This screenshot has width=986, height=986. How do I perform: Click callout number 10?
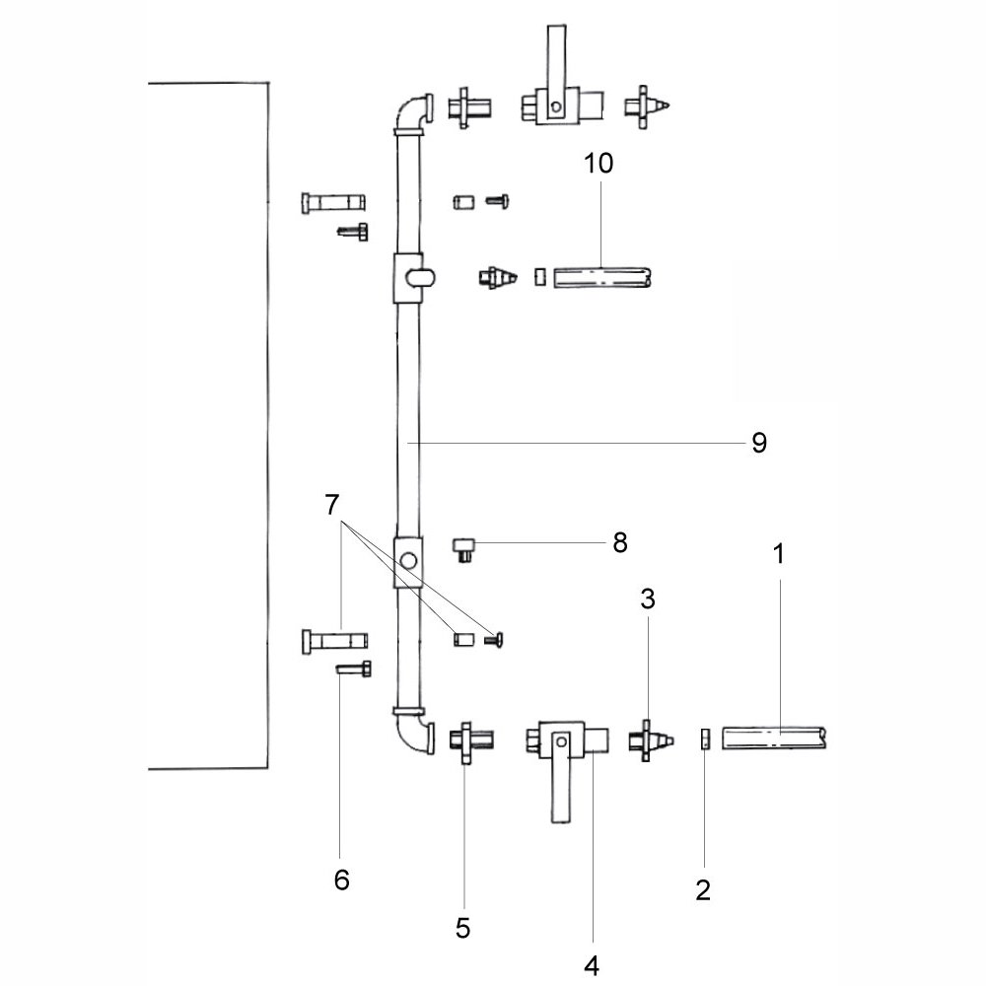(599, 164)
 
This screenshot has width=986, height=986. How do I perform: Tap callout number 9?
(759, 443)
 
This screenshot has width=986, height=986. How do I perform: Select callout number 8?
(620, 542)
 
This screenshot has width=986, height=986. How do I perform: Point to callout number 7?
(332, 504)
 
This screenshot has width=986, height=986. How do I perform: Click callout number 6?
(341, 880)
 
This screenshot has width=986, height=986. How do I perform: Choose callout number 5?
(462, 928)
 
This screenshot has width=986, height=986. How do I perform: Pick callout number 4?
(592, 965)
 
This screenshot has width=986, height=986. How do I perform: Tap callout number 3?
(648, 599)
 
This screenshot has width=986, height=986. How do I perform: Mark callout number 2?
(703, 889)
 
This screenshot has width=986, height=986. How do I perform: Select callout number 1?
(779, 554)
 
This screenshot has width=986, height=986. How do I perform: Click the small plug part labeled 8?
(464, 550)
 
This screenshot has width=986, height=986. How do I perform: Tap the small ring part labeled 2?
(705, 739)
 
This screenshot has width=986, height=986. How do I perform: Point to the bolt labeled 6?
(354, 669)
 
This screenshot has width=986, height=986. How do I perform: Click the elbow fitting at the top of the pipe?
(412, 115)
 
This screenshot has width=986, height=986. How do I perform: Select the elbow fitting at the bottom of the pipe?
(413, 732)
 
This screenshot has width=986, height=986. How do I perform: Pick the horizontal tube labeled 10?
(601, 277)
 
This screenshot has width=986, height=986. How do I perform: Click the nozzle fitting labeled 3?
(650, 740)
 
